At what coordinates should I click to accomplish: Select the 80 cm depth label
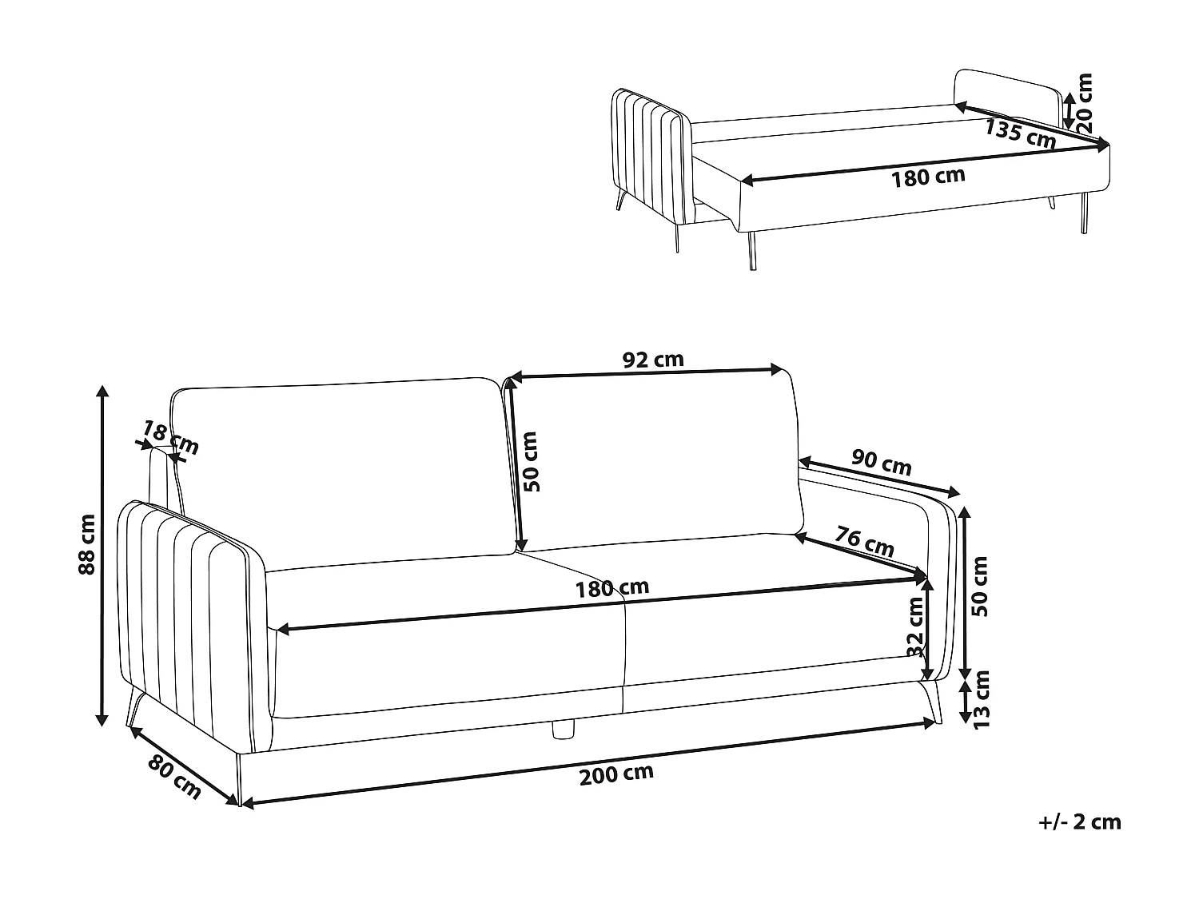coord(174,775)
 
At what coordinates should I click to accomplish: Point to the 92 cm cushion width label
coord(653,360)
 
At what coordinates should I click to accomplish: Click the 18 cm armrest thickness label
coord(169,439)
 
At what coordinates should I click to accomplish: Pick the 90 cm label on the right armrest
coord(881,463)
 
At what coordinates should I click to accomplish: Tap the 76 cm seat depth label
coord(864,541)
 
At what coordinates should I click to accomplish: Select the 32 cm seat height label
coord(916,627)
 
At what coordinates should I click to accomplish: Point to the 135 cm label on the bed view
coord(1020,133)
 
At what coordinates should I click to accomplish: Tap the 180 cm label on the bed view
coord(928,177)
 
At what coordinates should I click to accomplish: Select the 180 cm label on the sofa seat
coord(612,589)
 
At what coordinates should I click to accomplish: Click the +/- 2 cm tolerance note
coord(1081,822)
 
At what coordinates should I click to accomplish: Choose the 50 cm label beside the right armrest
coord(980,586)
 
